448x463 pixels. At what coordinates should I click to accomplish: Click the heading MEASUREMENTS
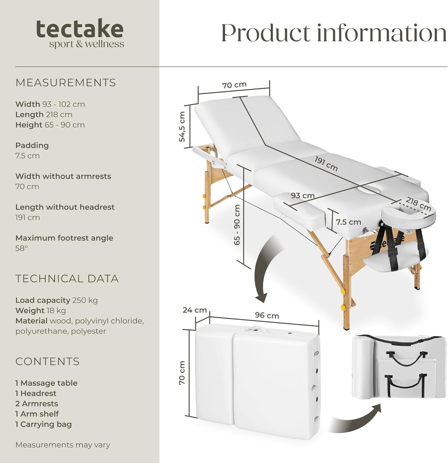[x=66, y=83]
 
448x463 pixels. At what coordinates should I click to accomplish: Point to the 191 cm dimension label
[x=326, y=164]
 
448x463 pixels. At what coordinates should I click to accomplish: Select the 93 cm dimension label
[x=302, y=196]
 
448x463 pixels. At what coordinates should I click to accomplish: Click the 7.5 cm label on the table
[x=348, y=222]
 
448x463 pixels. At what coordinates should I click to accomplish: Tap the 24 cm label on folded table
[x=194, y=310]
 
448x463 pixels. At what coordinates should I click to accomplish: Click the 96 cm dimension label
[x=267, y=315]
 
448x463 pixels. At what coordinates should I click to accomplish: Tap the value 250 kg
[x=85, y=300]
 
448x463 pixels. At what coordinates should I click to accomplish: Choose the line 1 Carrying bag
[x=44, y=424]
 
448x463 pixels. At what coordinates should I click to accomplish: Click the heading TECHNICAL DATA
[x=67, y=279]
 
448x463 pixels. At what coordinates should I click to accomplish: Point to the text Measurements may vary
[x=63, y=445]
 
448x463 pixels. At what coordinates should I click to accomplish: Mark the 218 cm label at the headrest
[x=418, y=204]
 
